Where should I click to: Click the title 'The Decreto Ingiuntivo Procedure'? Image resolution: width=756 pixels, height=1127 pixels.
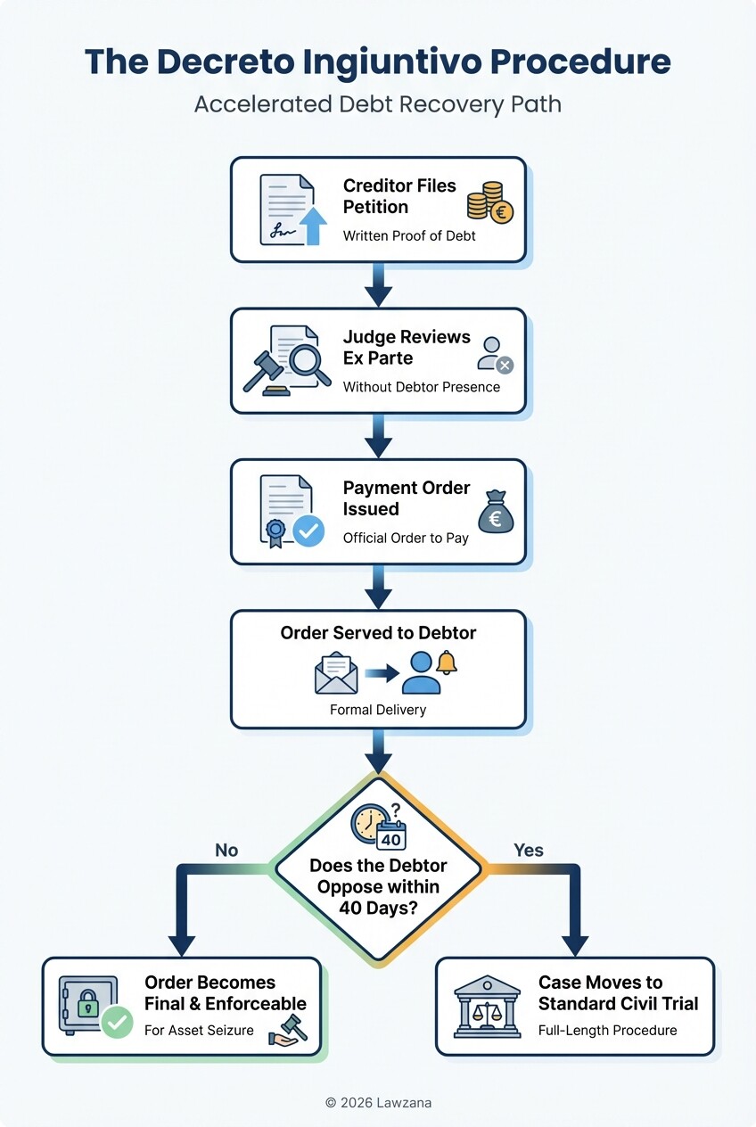click(x=378, y=62)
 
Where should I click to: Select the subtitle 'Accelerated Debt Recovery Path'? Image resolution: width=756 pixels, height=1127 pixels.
click(x=378, y=104)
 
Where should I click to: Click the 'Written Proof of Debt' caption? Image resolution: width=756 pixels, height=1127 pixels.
click(x=409, y=236)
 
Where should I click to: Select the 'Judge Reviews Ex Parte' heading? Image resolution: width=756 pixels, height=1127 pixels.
click(x=407, y=347)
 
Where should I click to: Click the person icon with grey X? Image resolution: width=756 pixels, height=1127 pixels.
click(x=495, y=354)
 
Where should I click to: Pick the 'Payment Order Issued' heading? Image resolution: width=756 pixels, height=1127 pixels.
click(x=407, y=498)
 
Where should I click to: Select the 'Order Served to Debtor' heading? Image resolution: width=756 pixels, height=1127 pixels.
click(x=378, y=633)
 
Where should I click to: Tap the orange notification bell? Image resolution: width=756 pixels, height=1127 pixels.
click(x=446, y=662)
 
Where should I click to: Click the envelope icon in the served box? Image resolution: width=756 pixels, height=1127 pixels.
click(x=336, y=674)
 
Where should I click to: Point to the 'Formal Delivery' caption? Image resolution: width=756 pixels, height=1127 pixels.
click(x=378, y=710)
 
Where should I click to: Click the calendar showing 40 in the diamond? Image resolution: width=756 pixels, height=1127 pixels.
click(x=391, y=835)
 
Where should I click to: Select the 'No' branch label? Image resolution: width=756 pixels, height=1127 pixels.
click(x=226, y=851)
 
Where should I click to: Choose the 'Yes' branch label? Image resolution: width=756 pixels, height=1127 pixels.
click(x=529, y=851)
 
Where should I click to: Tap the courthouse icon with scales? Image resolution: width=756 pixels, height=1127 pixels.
click(x=487, y=1006)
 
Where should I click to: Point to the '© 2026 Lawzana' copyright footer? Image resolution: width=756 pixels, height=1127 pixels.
click(x=378, y=1103)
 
